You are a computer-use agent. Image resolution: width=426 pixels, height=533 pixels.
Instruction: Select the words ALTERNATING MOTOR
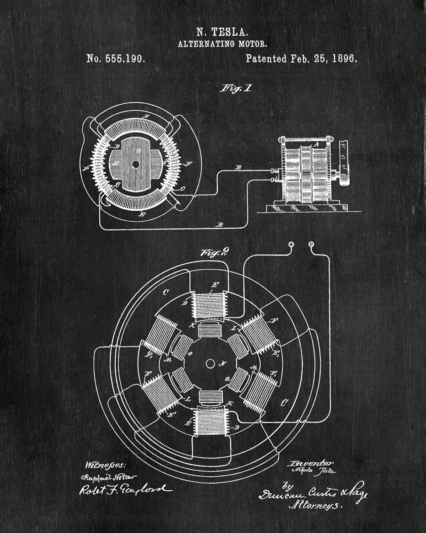tap(222, 44)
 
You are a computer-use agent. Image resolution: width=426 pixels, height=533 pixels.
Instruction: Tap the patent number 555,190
tap(125, 59)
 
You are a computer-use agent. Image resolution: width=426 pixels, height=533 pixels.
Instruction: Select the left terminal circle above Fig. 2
tap(291, 244)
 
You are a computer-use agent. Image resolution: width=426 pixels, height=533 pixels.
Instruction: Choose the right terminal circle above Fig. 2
tap(312, 244)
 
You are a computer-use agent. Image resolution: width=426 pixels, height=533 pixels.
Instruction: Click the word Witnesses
tap(105, 465)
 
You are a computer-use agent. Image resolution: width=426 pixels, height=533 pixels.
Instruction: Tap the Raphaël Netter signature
tap(110, 477)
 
